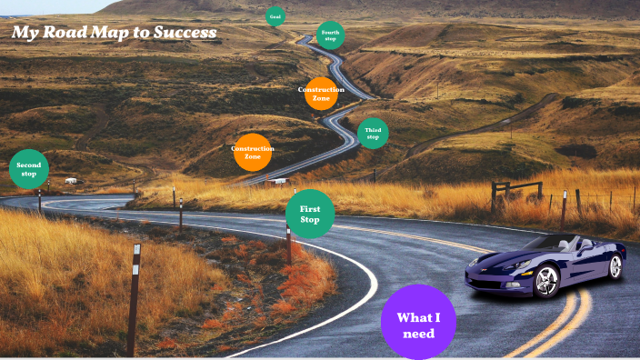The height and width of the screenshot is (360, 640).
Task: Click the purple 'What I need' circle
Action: click(418, 323)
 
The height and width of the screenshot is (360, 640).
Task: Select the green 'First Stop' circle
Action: click(310, 215)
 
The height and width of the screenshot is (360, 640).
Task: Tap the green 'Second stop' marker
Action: click(29, 169)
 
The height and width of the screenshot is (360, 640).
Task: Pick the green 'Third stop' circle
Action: click(373, 133)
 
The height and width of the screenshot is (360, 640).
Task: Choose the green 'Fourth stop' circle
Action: click(330, 35)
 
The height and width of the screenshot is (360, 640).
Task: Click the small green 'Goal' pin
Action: click(275, 16)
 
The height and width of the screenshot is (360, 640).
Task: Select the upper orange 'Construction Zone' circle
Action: click(321, 93)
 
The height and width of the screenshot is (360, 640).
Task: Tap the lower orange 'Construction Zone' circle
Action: click(253, 152)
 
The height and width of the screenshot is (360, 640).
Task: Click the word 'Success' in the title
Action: click(185, 34)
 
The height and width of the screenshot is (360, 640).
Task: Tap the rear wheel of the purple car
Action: click(615, 266)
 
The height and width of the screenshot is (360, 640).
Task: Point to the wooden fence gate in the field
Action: click(516, 190)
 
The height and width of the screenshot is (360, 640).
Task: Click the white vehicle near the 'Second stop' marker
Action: click(71, 181)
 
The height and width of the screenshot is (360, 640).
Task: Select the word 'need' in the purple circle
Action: click(418, 334)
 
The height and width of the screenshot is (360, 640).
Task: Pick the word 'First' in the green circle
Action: click(310, 209)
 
